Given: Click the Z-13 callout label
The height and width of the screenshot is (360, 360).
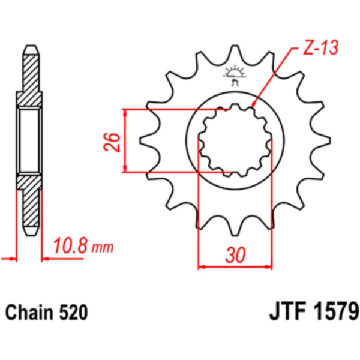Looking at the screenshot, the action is pyautogui.click(x=320, y=48).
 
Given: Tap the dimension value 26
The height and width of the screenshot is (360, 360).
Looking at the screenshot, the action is pyautogui.click(x=112, y=142).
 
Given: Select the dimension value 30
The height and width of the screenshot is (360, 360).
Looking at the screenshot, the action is pyautogui.click(x=235, y=255).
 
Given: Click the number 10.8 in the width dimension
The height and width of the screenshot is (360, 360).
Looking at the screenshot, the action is pyautogui.click(x=70, y=245).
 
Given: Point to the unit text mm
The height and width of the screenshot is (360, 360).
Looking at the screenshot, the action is pyautogui.click(x=103, y=248).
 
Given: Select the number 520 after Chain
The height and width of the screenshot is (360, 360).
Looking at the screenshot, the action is pyautogui.click(x=74, y=313).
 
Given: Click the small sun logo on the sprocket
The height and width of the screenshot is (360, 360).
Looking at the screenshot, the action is pyautogui.click(x=235, y=76).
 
